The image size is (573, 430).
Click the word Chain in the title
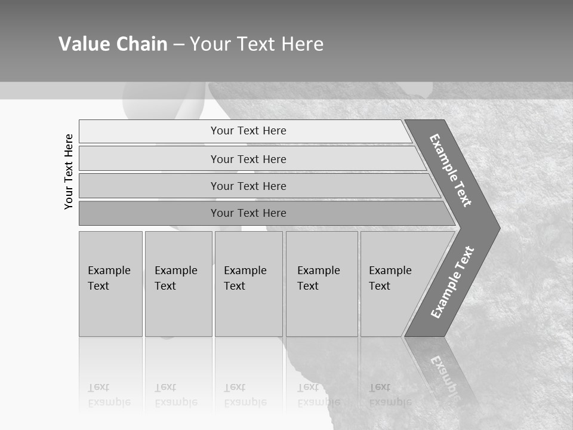(141, 44)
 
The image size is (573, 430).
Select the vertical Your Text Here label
(69, 171)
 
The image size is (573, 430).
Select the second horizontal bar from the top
(248, 159)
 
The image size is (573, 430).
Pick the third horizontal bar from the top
(248, 186)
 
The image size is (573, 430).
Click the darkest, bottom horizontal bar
(248, 213)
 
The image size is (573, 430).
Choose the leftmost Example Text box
(110, 284)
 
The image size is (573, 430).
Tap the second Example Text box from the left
(178, 284)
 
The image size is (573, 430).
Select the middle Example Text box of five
(248, 284)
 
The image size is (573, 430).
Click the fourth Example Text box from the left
(322, 284)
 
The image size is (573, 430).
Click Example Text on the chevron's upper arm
(451, 170)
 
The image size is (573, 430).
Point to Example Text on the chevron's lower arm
(452, 282)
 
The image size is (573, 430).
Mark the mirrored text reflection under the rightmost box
(390, 395)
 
